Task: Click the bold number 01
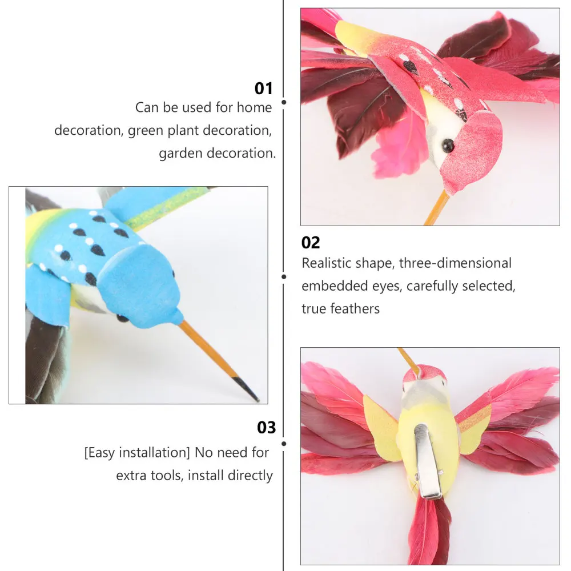[264, 89]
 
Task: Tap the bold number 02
[311, 243]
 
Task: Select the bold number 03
[267, 427]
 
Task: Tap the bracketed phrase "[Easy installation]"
[136, 453]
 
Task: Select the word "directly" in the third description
[250, 475]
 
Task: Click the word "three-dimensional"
[455, 263]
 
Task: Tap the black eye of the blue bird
[122, 317]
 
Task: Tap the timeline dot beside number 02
[284, 277]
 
